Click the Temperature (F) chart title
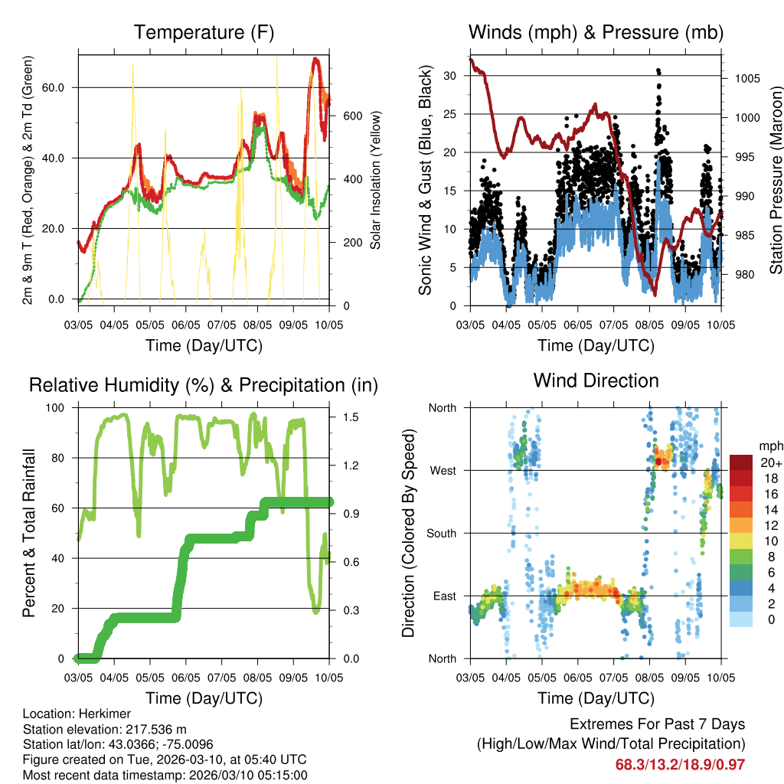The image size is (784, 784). point(204,33)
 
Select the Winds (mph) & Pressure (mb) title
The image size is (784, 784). point(596,33)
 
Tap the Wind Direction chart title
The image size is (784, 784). point(596,381)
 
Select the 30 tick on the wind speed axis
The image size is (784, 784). point(451,76)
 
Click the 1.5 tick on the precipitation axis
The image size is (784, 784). point(348,417)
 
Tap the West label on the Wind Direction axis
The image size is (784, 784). point(442,471)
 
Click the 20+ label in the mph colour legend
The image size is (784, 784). point(770,462)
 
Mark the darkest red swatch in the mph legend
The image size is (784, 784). point(740,462)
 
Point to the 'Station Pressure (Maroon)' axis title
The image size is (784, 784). point(776,180)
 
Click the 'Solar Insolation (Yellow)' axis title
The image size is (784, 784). point(376,180)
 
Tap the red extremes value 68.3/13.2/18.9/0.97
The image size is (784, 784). point(680,764)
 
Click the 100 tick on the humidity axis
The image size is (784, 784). point(57,407)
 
